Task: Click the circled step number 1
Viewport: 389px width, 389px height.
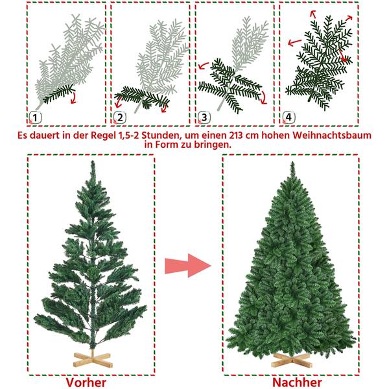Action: coord(35,117)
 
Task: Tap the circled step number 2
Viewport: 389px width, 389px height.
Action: coord(119,117)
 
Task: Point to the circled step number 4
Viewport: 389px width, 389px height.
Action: coord(288,117)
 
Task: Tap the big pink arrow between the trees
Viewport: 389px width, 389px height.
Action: coord(188,265)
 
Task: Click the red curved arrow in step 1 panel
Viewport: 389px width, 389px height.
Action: coord(73,97)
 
